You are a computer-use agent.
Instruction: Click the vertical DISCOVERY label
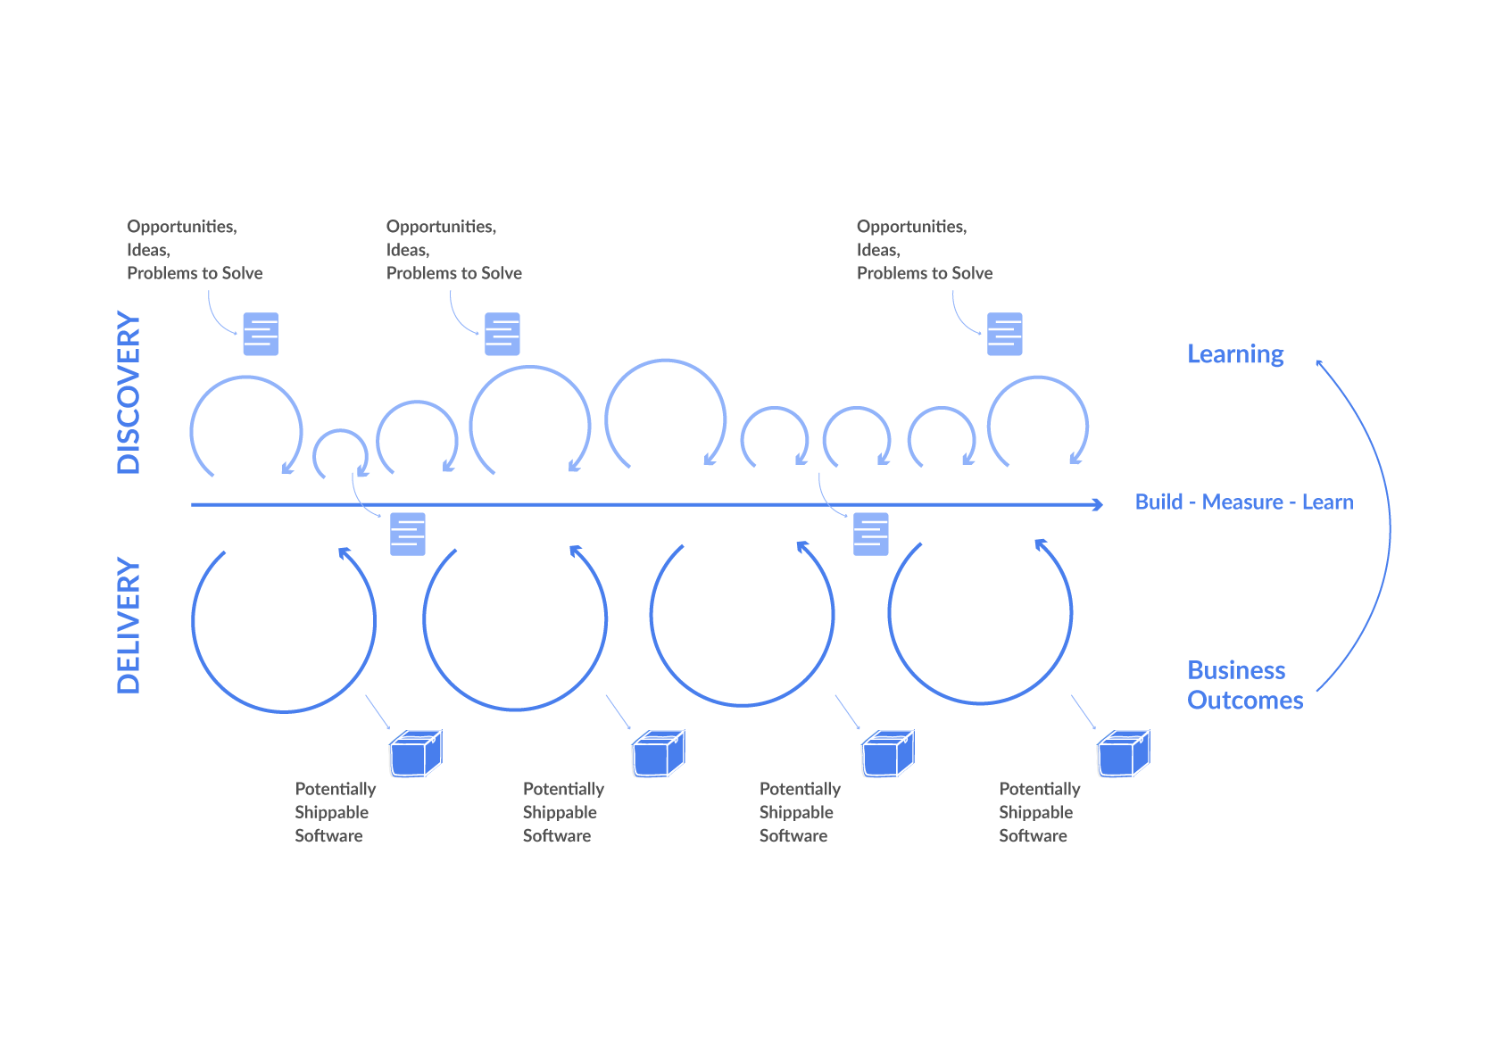tap(129, 393)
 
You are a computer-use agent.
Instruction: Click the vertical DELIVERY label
tap(129, 626)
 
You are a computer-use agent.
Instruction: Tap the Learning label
tap(1235, 354)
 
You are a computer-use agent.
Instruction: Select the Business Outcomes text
tap(1244, 685)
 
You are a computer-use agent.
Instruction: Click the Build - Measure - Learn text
tap(1243, 502)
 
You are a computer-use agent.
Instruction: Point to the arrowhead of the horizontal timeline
tap(1099, 505)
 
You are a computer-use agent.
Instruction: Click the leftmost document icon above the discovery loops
tap(261, 334)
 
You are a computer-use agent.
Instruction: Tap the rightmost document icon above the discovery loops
tap(1004, 334)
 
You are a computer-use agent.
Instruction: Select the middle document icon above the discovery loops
tap(502, 334)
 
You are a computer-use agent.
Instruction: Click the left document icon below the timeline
tap(408, 534)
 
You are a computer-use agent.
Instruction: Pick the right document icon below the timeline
tap(870, 534)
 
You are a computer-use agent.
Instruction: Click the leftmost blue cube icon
tap(414, 755)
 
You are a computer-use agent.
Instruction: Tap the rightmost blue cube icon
tap(1123, 755)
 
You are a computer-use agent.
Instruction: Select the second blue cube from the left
tap(657, 755)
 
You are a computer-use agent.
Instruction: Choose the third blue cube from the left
tap(886, 755)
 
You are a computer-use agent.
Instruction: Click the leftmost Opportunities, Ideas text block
tap(195, 250)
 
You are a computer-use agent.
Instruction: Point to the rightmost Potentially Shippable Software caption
tap(1039, 812)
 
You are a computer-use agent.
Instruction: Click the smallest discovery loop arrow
tap(340, 453)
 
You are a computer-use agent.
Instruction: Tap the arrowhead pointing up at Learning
tap(1319, 362)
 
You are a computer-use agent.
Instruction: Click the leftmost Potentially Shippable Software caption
tap(335, 812)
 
